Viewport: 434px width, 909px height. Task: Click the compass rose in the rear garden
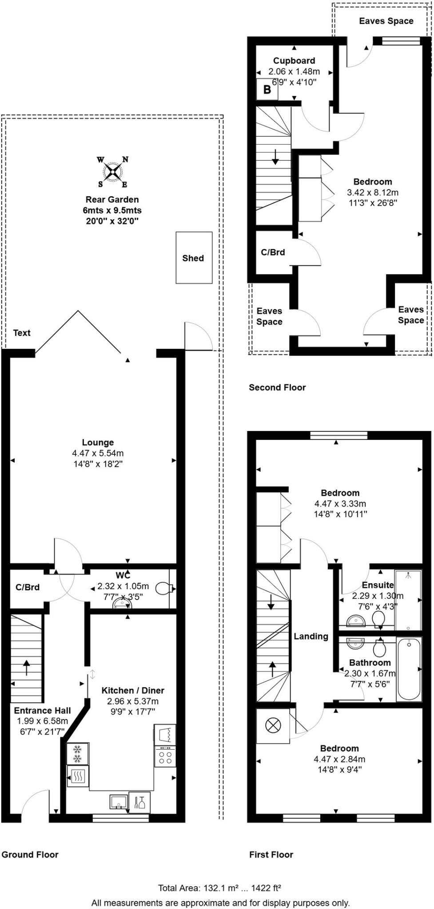(x=113, y=171)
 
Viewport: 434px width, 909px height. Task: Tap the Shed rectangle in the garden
(x=194, y=258)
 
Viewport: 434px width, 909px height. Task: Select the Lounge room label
(x=98, y=443)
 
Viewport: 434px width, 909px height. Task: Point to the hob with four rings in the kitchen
(x=165, y=756)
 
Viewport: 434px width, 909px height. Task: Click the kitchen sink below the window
(x=119, y=802)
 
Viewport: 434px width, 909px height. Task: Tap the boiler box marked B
(x=267, y=90)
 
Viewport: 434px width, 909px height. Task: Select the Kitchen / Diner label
(x=133, y=691)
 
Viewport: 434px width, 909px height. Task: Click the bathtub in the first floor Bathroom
(x=409, y=669)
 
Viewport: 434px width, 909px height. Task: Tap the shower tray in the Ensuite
(x=408, y=600)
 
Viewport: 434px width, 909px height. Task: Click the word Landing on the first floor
(x=311, y=636)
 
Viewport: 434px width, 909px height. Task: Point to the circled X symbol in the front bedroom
(x=273, y=726)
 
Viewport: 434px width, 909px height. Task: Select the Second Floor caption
(x=277, y=387)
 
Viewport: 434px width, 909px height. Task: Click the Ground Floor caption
(x=30, y=854)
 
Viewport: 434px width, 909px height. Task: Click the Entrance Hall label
(x=42, y=710)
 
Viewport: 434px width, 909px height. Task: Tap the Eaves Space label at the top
(x=386, y=21)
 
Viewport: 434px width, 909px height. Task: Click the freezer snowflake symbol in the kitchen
(x=77, y=754)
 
